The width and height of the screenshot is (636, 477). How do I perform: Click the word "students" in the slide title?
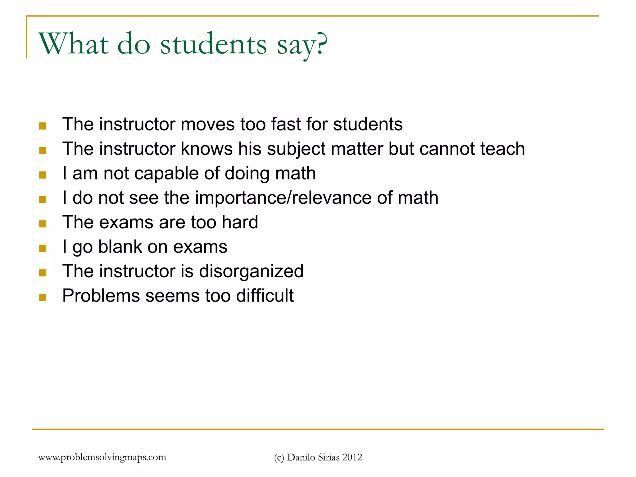click(213, 44)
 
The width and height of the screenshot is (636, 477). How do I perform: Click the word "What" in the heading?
click(74, 44)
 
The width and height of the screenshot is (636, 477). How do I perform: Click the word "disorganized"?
click(251, 271)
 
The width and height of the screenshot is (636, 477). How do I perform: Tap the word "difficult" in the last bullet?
click(265, 296)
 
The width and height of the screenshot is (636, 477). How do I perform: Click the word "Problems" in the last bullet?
click(101, 296)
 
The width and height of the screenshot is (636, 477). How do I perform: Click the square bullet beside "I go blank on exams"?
click(43, 248)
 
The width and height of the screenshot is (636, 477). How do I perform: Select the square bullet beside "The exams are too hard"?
click(43, 224)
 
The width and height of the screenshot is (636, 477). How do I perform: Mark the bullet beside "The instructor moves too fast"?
click(43, 126)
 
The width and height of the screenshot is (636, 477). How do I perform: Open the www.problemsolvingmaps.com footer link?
click(102, 457)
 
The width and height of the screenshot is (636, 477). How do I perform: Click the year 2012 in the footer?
click(352, 457)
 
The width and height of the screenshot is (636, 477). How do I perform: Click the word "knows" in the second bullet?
click(207, 149)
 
